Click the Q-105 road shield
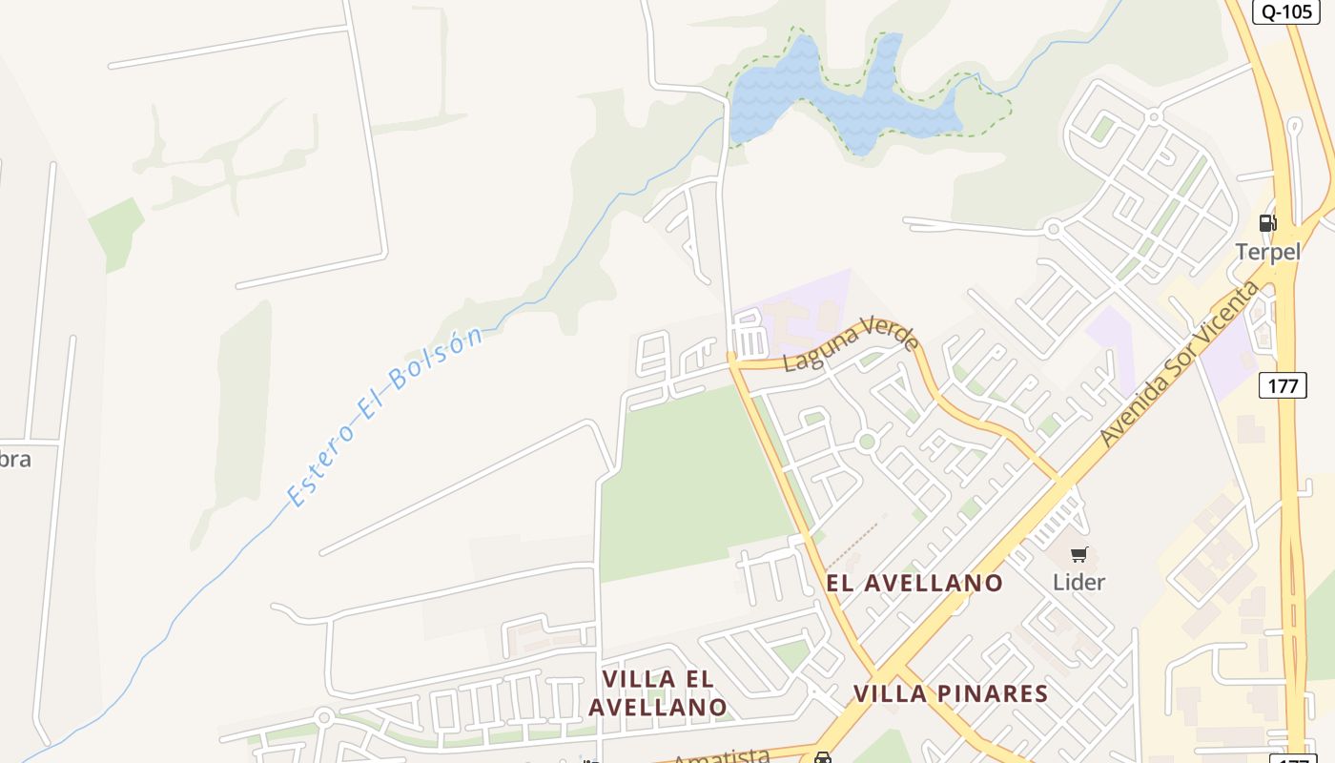pyautogui.click(x=1287, y=11)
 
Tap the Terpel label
pyautogui.click(x=1267, y=252)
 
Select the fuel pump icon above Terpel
pyautogui.click(x=1267, y=223)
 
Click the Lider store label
pyautogui.click(x=1078, y=582)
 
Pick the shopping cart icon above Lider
pyautogui.click(x=1078, y=554)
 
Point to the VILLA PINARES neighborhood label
pyautogui.click(x=951, y=693)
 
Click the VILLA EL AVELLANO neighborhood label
pyautogui.click(x=658, y=692)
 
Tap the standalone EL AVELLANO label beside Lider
pyautogui.click(x=914, y=583)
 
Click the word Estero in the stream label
pyautogui.click(x=321, y=467)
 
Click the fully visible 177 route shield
pyautogui.click(x=1283, y=385)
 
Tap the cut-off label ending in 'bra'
pyautogui.click(x=15, y=459)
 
